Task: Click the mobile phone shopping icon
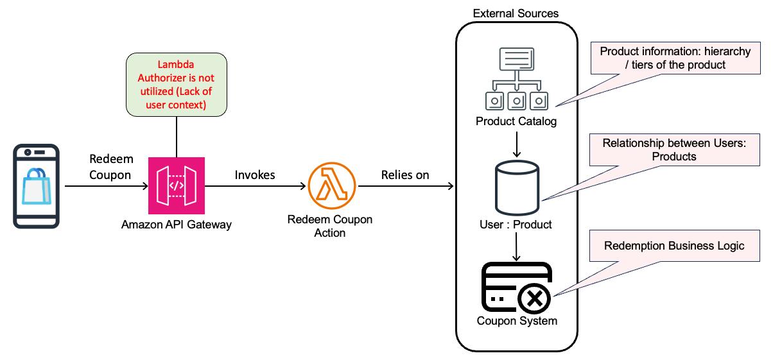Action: pos(36,186)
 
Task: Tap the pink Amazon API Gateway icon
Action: pos(176,186)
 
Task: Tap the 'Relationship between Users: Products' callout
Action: pos(674,150)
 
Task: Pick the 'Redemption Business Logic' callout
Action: pos(674,246)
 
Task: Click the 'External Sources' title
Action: pos(516,13)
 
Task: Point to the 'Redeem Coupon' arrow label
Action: pos(110,168)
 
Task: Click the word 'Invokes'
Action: pos(255,175)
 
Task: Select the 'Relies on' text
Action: pos(405,175)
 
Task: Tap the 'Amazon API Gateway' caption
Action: pos(176,225)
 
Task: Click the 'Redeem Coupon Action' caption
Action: pos(329,226)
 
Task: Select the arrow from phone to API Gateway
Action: pos(106,186)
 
